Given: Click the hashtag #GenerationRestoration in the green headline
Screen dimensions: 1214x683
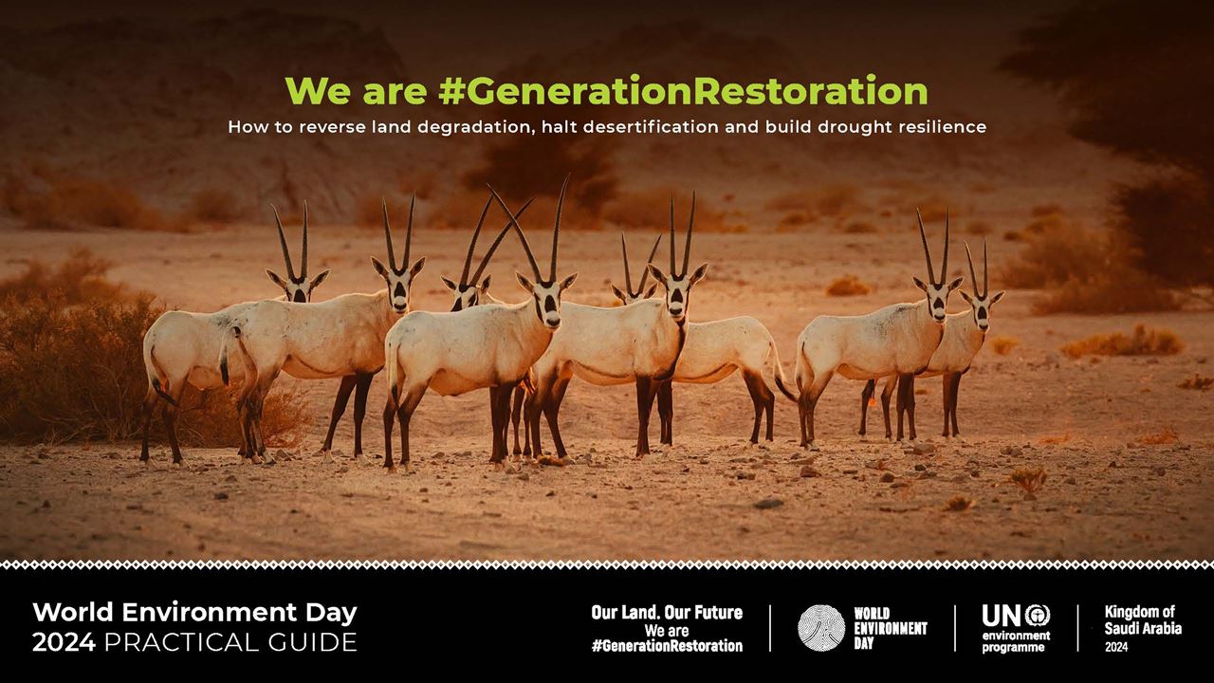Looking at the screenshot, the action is (x=683, y=91).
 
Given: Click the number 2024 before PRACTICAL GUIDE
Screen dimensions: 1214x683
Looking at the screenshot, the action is (x=64, y=642).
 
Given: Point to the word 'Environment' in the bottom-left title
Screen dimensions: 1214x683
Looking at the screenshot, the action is (x=209, y=613).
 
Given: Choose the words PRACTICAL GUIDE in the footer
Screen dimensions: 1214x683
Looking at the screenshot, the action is (x=230, y=642).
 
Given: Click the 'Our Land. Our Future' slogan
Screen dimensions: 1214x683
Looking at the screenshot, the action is (x=667, y=613).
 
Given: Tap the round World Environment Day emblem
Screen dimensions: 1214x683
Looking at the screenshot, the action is (x=821, y=628).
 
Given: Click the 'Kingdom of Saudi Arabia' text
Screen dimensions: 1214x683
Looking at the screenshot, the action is (x=1143, y=620).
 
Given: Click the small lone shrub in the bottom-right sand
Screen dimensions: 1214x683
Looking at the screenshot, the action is (x=1027, y=480).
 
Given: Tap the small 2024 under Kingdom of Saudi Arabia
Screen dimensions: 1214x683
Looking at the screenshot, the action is (x=1116, y=647).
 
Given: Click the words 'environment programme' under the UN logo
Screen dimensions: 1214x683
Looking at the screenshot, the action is (x=1016, y=641).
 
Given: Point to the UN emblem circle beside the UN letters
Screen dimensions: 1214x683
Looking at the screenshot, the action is (x=1038, y=616).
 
